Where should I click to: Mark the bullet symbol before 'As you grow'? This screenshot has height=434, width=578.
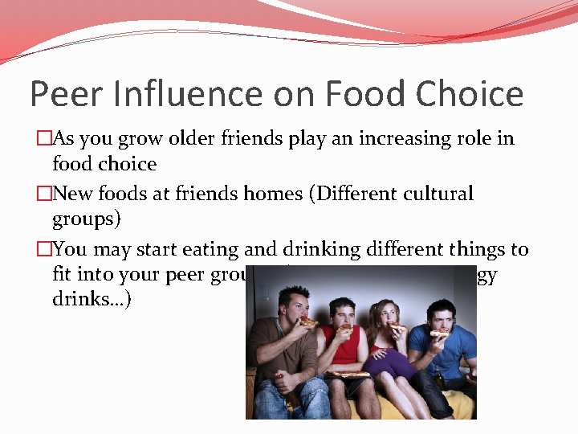[x=43, y=138]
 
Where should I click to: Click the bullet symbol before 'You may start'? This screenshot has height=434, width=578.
[x=43, y=249]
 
